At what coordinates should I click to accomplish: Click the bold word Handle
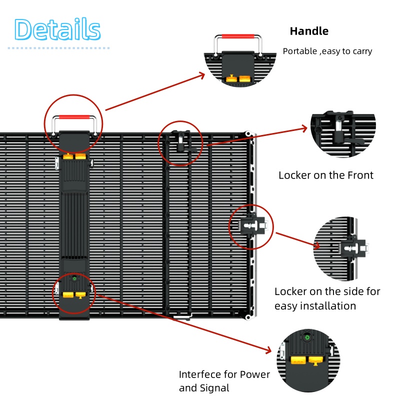click(x=309, y=31)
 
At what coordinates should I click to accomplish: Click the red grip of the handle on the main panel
click(x=73, y=117)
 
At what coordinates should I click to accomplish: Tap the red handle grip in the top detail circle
click(x=237, y=36)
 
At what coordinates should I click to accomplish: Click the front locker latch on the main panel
click(x=180, y=142)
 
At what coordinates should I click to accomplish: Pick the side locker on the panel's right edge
click(x=252, y=227)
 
